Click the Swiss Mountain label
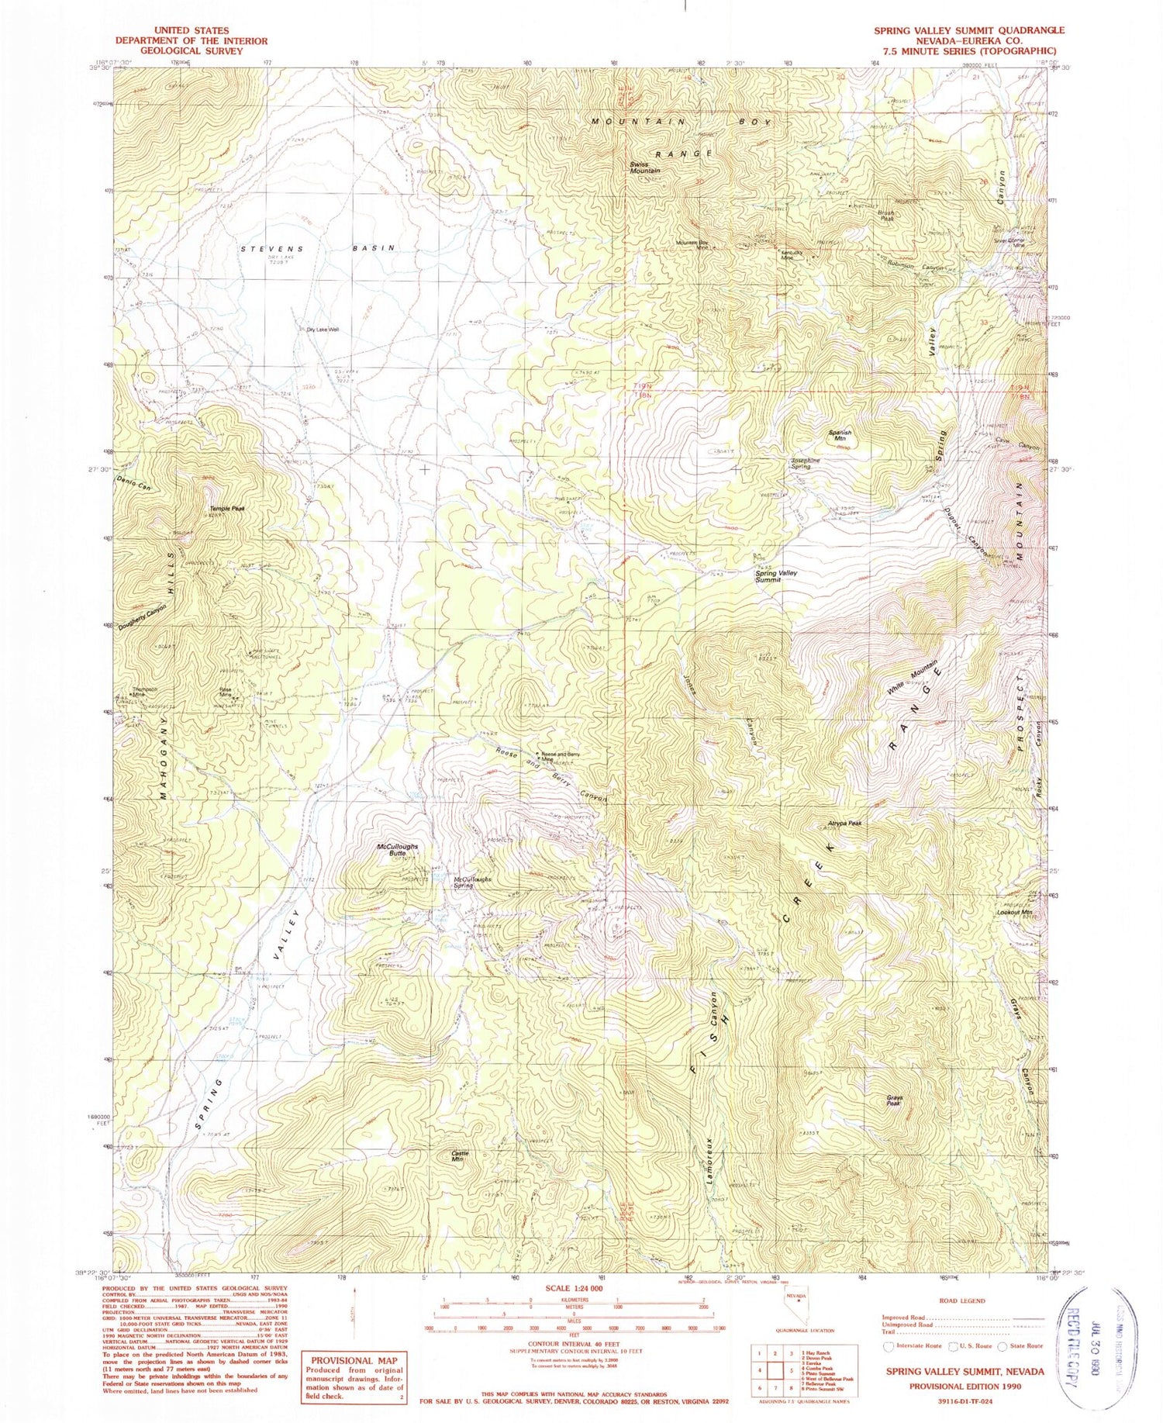coord(644,168)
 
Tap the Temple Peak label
coord(227,509)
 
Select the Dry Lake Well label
coord(323,330)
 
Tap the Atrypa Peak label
coord(844,824)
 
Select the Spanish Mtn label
coord(840,436)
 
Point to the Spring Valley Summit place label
coord(776,575)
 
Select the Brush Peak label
coord(886,216)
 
